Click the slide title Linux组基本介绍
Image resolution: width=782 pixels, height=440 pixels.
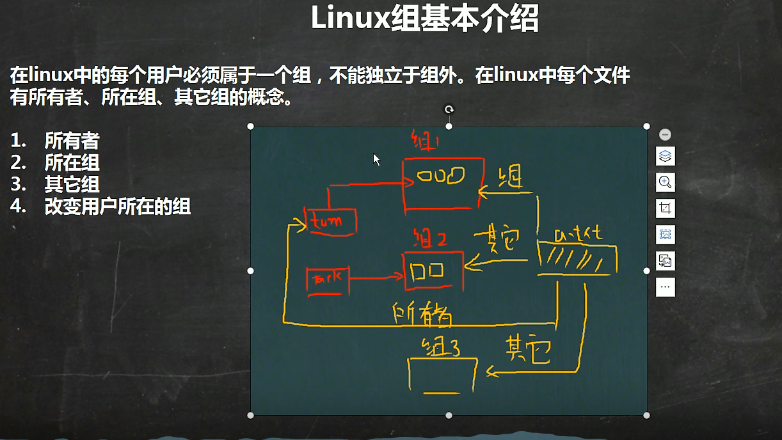tap(424, 19)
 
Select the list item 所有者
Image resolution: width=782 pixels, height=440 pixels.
tap(72, 140)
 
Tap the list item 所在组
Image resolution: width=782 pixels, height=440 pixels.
tap(72, 162)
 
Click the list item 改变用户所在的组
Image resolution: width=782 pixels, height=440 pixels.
tap(117, 206)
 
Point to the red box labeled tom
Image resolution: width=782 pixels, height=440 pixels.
tap(331, 221)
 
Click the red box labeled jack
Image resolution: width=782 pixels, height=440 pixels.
tap(328, 279)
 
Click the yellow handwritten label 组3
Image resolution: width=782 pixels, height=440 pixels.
tap(441, 348)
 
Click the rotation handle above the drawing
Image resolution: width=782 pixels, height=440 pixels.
tap(449, 110)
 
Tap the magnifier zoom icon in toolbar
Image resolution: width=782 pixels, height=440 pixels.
tap(665, 182)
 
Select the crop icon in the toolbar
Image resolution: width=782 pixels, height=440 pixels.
tap(665, 208)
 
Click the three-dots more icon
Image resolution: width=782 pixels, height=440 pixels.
tap(665, 287)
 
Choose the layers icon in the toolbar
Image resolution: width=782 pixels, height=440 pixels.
tap(665, 156)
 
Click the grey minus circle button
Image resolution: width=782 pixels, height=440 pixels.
tap(665, 134)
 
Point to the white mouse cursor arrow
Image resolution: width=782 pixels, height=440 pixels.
tap(376, 159)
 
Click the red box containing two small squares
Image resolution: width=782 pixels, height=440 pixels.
tap(432, 271)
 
